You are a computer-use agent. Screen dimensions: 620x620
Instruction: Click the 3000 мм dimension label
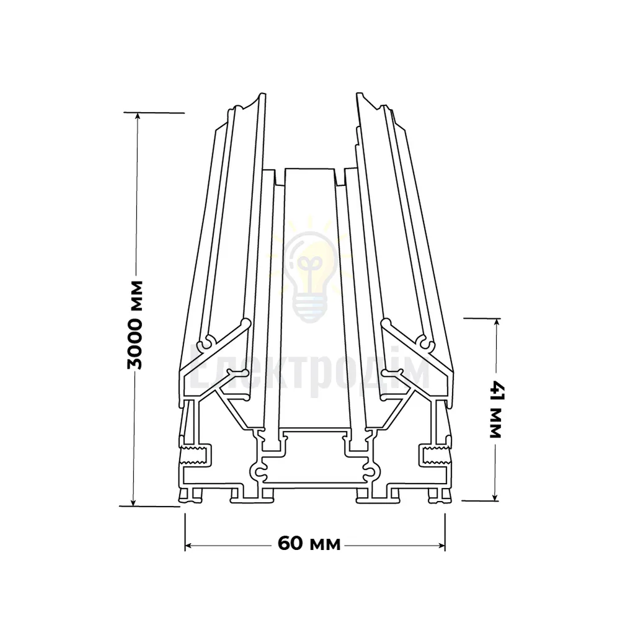135,325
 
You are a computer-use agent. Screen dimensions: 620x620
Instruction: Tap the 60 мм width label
309,544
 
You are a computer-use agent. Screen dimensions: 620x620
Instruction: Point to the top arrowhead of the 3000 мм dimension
138,116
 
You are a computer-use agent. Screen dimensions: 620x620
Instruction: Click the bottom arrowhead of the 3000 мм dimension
133,502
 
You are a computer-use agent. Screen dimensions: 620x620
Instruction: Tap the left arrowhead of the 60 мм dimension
188,546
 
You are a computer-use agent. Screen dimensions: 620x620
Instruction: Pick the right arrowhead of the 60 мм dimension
441,546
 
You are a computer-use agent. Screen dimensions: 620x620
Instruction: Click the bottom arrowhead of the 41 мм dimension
494,497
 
